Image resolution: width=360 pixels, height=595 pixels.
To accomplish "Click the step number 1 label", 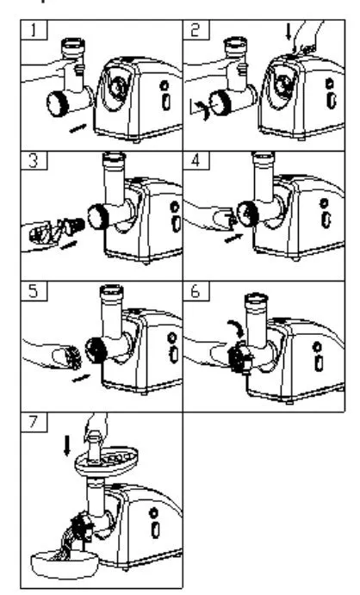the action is pyautogui.click(x=34, y=30).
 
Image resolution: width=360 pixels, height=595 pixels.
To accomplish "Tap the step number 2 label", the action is pyautogui.click(x=195, y=29).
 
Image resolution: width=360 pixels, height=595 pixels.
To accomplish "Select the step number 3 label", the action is pyautogui.click(x=34, y=160).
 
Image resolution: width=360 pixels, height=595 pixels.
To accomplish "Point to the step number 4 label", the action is pyautogui.click(x=195, y=160).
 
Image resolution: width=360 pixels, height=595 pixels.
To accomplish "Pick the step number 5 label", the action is pyautogui.click(x=34, y=291).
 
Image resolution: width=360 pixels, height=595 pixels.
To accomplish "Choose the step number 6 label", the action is pyautogui.click(x=195, y=291).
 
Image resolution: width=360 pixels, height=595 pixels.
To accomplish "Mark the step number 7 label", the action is pyautogui.click(x=34, y=422).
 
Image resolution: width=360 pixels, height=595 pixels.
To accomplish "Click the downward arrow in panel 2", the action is pyautogui.click(x=289, y=32).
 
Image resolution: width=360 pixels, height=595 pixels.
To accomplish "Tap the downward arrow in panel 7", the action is pyautogui.click(x=67, y=445).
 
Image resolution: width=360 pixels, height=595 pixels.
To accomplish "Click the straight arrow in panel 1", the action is pyautogui.click(x=78, y=128).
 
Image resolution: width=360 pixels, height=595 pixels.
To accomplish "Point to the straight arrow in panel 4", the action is pyautogui.click(x=233, y=239).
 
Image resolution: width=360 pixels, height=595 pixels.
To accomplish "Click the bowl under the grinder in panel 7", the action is pyautogui.click(x=65, y=566).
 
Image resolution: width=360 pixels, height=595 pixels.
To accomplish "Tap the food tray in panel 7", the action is pyautogui.click(x=106, y=461).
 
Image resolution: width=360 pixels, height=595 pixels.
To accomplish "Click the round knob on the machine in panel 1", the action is pyautogui.click(x=164, y=85).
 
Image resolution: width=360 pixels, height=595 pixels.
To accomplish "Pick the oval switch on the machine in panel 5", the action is pyautogui.click(x=174, y=355).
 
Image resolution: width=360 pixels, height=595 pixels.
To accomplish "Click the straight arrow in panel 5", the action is pyautogui.click(x=81, y=378).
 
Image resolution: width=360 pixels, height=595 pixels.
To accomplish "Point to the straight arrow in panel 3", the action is pyautogui.click(x=68, y=245).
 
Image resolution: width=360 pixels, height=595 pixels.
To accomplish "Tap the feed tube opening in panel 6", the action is pyautogui.click(x=257, y=299).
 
